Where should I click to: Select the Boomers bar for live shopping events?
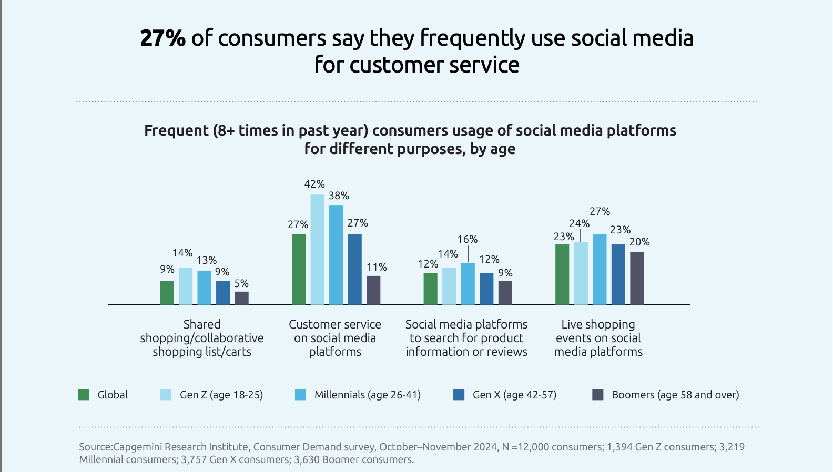637,279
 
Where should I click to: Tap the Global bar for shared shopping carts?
167,293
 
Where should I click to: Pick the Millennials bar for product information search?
468,284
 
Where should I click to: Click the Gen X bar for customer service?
355,269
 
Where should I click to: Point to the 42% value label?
314,184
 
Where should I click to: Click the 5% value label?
241,283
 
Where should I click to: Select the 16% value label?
468,239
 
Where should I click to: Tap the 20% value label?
639,242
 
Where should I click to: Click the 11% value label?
377,267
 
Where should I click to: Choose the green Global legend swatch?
84,395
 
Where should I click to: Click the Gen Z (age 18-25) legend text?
221,395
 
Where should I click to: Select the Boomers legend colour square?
598,395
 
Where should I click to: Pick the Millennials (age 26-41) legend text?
367,395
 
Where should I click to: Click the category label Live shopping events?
598,338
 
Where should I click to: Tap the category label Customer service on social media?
335,338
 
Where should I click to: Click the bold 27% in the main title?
162,38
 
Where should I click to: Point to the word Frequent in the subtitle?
176,130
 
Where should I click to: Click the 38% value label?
339,196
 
